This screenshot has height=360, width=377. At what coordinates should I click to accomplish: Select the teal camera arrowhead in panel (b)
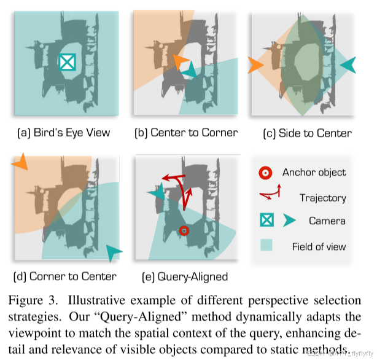(x=191, y=71)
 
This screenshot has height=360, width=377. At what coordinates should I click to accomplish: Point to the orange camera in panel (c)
(x=255, y=64)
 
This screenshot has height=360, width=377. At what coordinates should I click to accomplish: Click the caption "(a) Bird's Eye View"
(x=63, y=133)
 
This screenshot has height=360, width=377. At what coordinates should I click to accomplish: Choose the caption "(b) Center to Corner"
(x=186, y=133)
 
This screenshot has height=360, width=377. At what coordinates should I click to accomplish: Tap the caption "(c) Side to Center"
(x=307, y=133)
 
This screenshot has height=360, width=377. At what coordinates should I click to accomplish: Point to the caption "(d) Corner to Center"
(x=64, y=276)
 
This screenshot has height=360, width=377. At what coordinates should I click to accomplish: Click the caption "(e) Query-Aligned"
(x=185, y=276)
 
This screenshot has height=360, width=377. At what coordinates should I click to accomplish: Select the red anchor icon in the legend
(x=266, y=173)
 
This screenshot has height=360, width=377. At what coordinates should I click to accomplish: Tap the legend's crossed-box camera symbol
(x=266, y=221)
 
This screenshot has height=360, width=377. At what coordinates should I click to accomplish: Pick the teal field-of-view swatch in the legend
(x=266, y=246)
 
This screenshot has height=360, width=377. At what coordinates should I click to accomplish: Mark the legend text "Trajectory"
(x=322, y=197)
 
